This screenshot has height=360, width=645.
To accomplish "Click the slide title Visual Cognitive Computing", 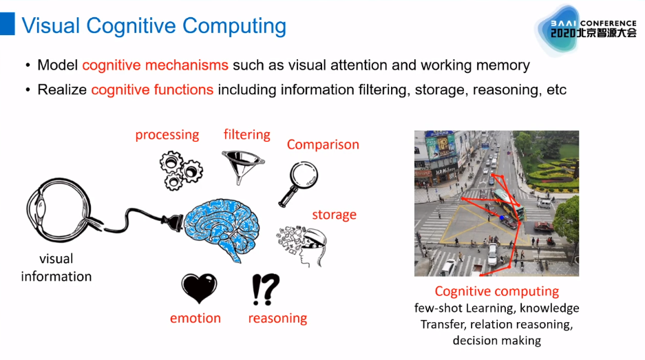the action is coord(154,26).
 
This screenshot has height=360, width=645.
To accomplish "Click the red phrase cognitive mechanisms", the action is coord(155,65).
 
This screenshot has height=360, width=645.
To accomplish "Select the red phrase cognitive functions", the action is coord(152,89).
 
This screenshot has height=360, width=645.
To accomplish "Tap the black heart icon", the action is coord(199,288).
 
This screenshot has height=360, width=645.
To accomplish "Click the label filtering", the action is coord(246,134).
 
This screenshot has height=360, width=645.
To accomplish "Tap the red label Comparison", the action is coord(323,145).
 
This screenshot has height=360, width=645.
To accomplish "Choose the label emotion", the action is coord(195,318).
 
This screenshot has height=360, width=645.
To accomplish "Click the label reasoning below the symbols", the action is coord(277,318).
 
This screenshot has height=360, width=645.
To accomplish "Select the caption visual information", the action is coord(56,268).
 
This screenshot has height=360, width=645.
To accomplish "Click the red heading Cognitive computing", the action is coord(496,291).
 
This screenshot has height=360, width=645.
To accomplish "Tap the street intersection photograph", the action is coord(496,203).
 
